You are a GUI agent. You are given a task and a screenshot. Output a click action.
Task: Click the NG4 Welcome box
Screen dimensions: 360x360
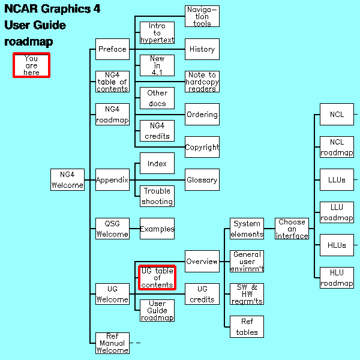(x=67, y=180)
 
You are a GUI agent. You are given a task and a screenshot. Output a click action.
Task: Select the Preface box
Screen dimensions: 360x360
(x=112, y=49)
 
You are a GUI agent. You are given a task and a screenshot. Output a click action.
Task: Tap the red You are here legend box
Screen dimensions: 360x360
(x=31, y=65)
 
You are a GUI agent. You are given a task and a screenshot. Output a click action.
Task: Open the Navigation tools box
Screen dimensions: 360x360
(x=202, y=16)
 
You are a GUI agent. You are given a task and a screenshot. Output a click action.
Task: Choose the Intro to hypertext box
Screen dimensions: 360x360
(x=157, y=33)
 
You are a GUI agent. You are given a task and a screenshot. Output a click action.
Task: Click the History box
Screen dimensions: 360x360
(x=202, y=49)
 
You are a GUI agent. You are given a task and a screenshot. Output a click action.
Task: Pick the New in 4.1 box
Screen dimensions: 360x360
(x=157, y=65)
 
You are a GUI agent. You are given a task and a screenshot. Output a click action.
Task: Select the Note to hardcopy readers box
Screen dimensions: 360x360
(x=202, y=82)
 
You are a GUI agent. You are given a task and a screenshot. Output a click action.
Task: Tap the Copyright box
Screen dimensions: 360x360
(x=202, y=147)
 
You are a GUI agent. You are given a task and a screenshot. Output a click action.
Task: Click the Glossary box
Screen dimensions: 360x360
(x=202, y=180)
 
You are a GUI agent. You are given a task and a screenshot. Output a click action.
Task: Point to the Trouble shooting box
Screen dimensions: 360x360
(x=157, y=196)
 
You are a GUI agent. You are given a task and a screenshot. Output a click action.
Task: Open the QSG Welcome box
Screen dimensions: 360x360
(x=112, y=229)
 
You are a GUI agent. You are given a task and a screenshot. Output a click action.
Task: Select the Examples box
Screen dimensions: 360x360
(x=157, y=229)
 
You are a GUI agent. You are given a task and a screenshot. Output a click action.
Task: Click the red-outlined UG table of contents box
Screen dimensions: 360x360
(x=157, y=278)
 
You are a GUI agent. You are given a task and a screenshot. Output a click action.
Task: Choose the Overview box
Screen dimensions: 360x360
(x=202, y=262)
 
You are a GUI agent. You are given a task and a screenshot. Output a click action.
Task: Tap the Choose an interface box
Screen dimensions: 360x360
(x=292, y=229)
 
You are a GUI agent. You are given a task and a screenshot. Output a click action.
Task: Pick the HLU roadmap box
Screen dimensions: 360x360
(x=337, y=278)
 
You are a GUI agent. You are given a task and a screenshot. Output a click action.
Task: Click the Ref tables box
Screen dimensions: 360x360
(x=247, y=327)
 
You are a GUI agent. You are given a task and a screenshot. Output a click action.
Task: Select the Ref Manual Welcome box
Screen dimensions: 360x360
(x=112, y=343)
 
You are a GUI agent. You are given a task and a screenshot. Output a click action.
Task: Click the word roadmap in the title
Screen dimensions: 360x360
(x=29, y=42)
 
